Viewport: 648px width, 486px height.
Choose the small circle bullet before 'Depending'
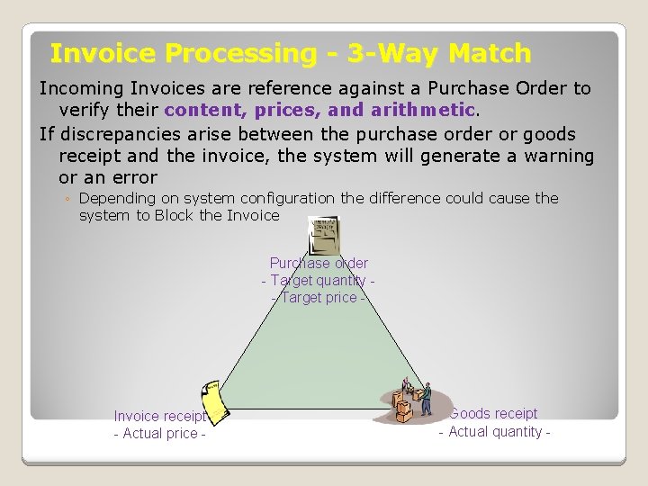click(x=67, y=199)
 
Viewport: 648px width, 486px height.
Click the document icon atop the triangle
click(x=322, y=235)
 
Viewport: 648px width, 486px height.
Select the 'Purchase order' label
click(x=319, y=264)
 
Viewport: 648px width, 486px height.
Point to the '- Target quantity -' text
click(x=319, y=281)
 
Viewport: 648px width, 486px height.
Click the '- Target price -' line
click(x=319, y=298)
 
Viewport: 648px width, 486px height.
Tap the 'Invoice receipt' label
click(x=160, y=417)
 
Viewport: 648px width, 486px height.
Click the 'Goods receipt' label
click(x=494, y=414)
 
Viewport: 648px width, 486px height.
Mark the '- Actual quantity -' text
click(x=494, y=432)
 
